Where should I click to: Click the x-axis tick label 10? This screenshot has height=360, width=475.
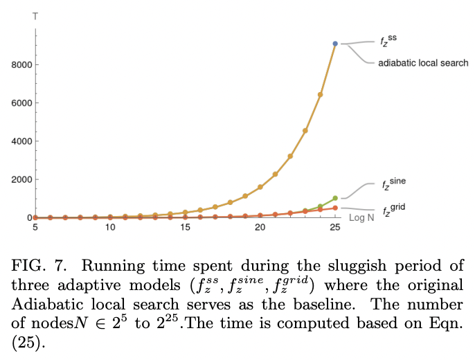click(110, 227)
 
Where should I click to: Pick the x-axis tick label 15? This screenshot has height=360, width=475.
click(185, 227)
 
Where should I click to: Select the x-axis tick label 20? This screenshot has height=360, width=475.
click(260, 227)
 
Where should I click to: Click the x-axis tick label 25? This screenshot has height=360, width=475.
click(335, 227)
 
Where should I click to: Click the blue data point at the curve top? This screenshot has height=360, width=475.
click(335, 44)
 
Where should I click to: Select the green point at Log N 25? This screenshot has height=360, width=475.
click(335, 198)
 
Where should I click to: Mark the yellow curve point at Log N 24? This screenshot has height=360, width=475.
click(321, 94)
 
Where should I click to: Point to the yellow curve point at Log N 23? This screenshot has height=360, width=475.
click(305, 130)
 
